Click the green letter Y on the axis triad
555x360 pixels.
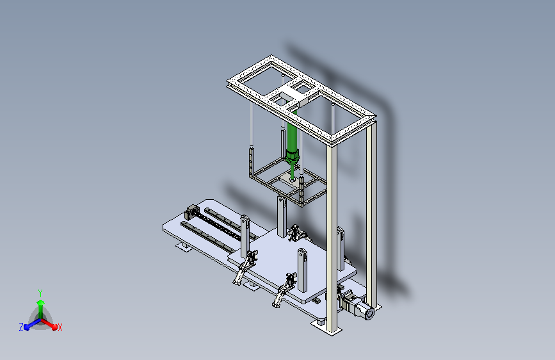pyautogui.click(x=40, y=293)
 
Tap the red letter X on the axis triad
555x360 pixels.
pyautogui.click(x=60, y=328)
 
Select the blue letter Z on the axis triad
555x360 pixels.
pyautogui.click(x=21, y=327)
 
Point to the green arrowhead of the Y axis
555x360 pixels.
pyautogui.click(x=40, y=302)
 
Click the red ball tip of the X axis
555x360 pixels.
pyautogui.click(x=54, y=327)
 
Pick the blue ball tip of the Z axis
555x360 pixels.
pyautogui.click(x=27, y=327)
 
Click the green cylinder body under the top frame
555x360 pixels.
pyautogui.click(x=292, y=131)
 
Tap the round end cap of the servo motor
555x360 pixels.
pyautogui.click(x=369, y=314)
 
